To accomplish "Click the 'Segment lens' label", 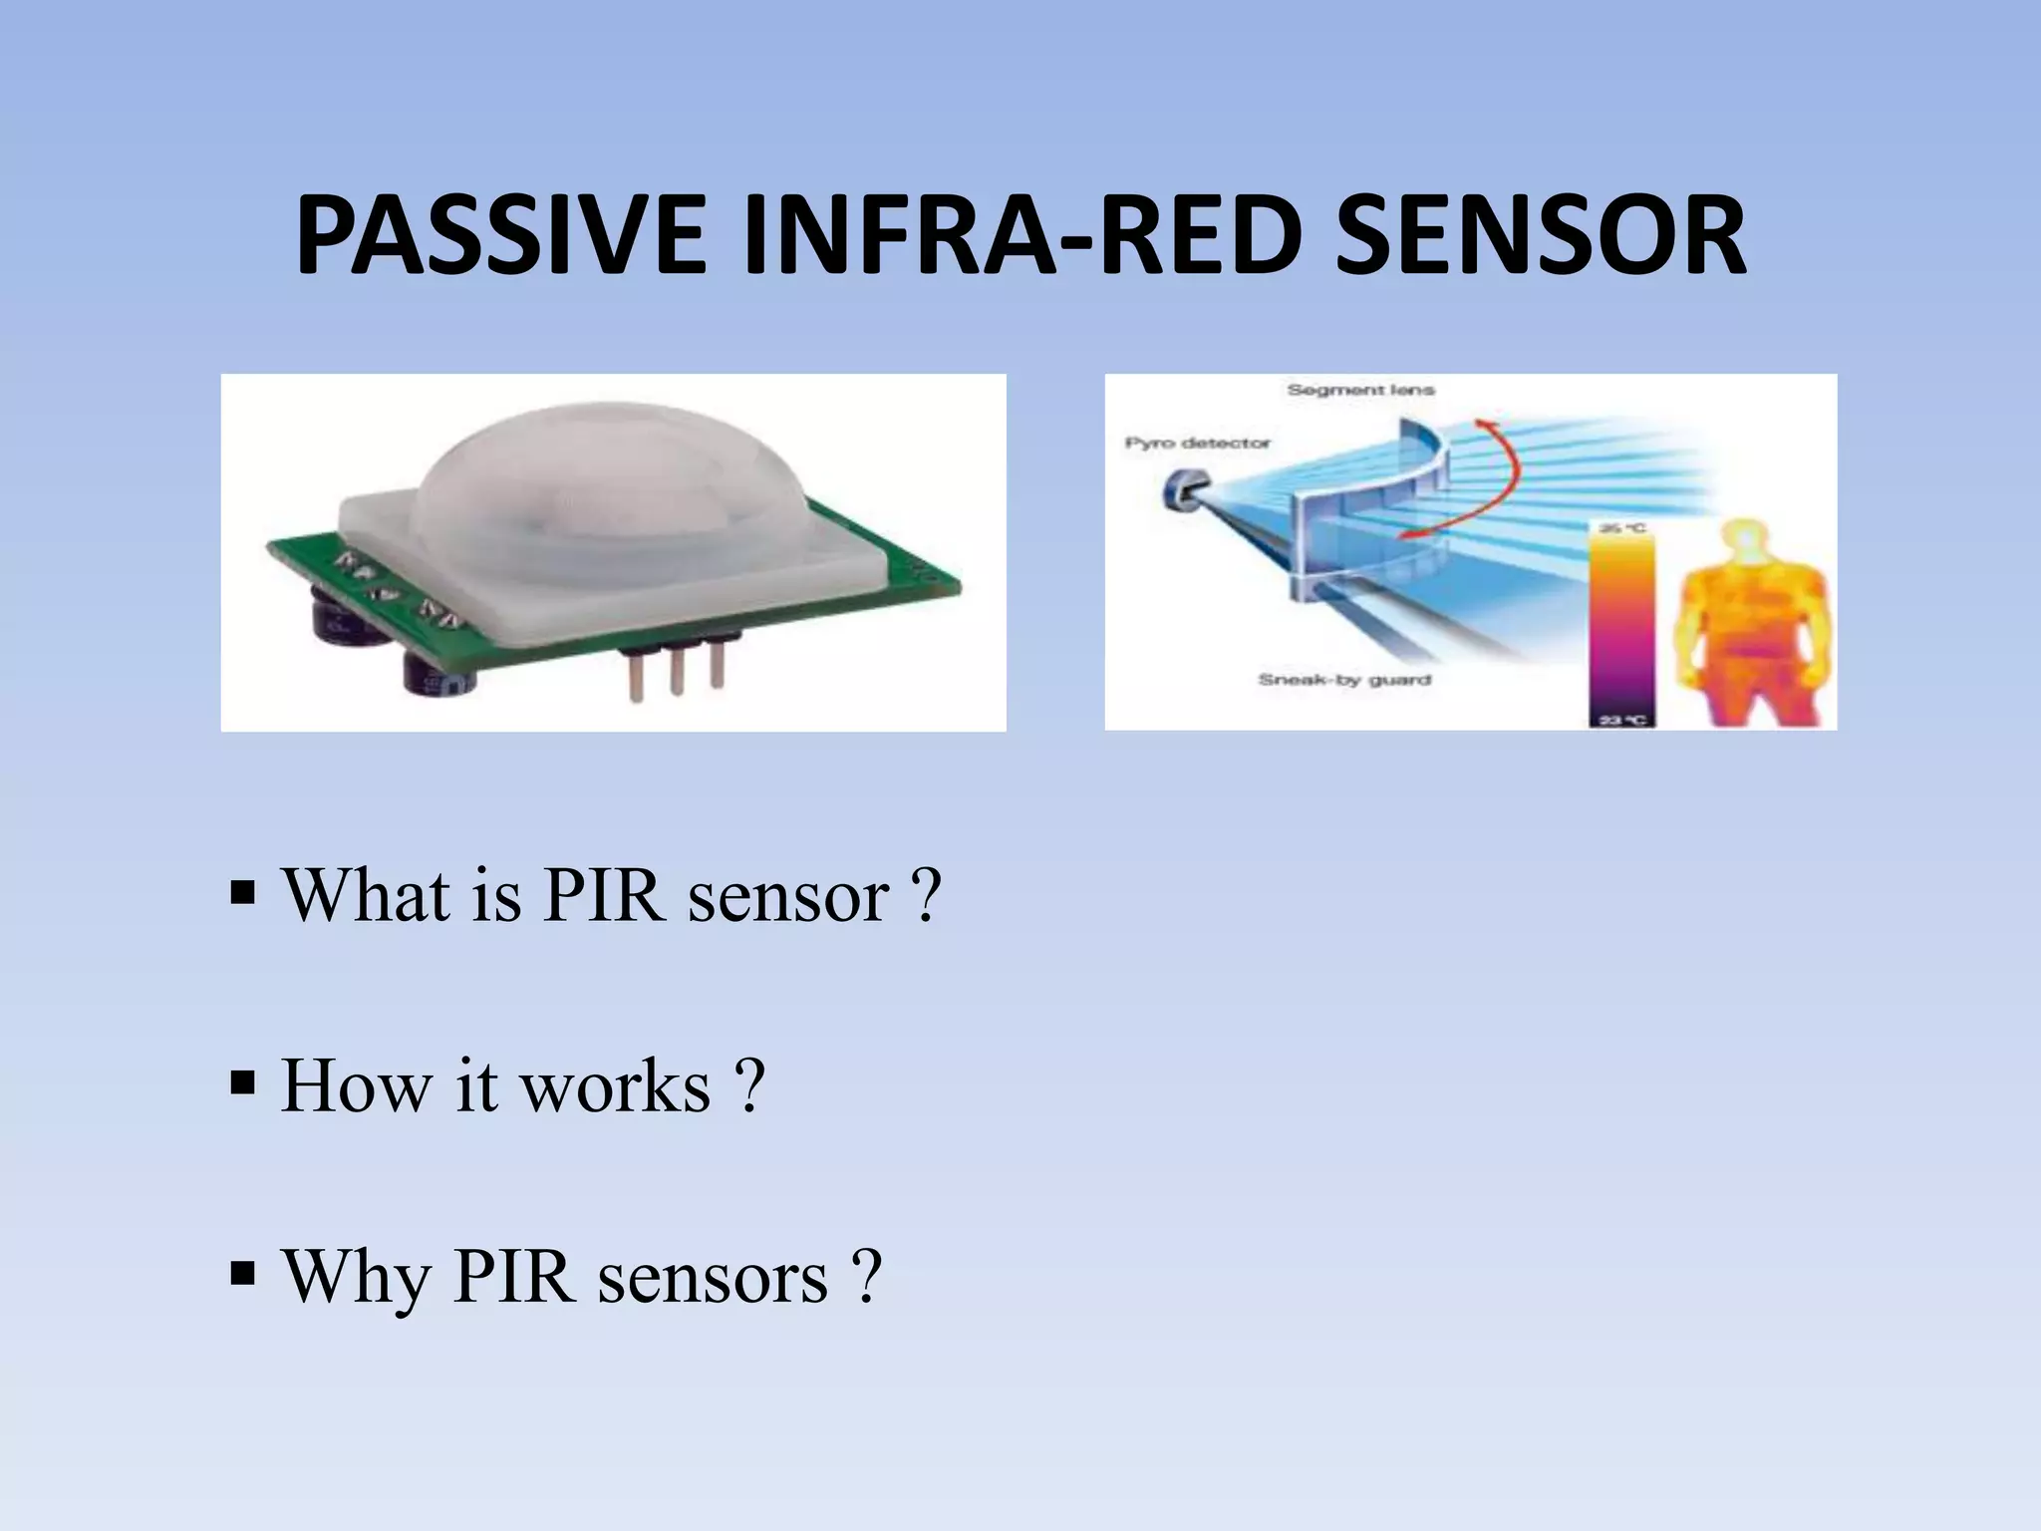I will tap(1360, 390).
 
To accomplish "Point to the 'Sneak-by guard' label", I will tap(1344, 680).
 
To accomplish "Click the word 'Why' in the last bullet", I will tap(354, 1277).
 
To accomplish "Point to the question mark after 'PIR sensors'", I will tap(867, 1275).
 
